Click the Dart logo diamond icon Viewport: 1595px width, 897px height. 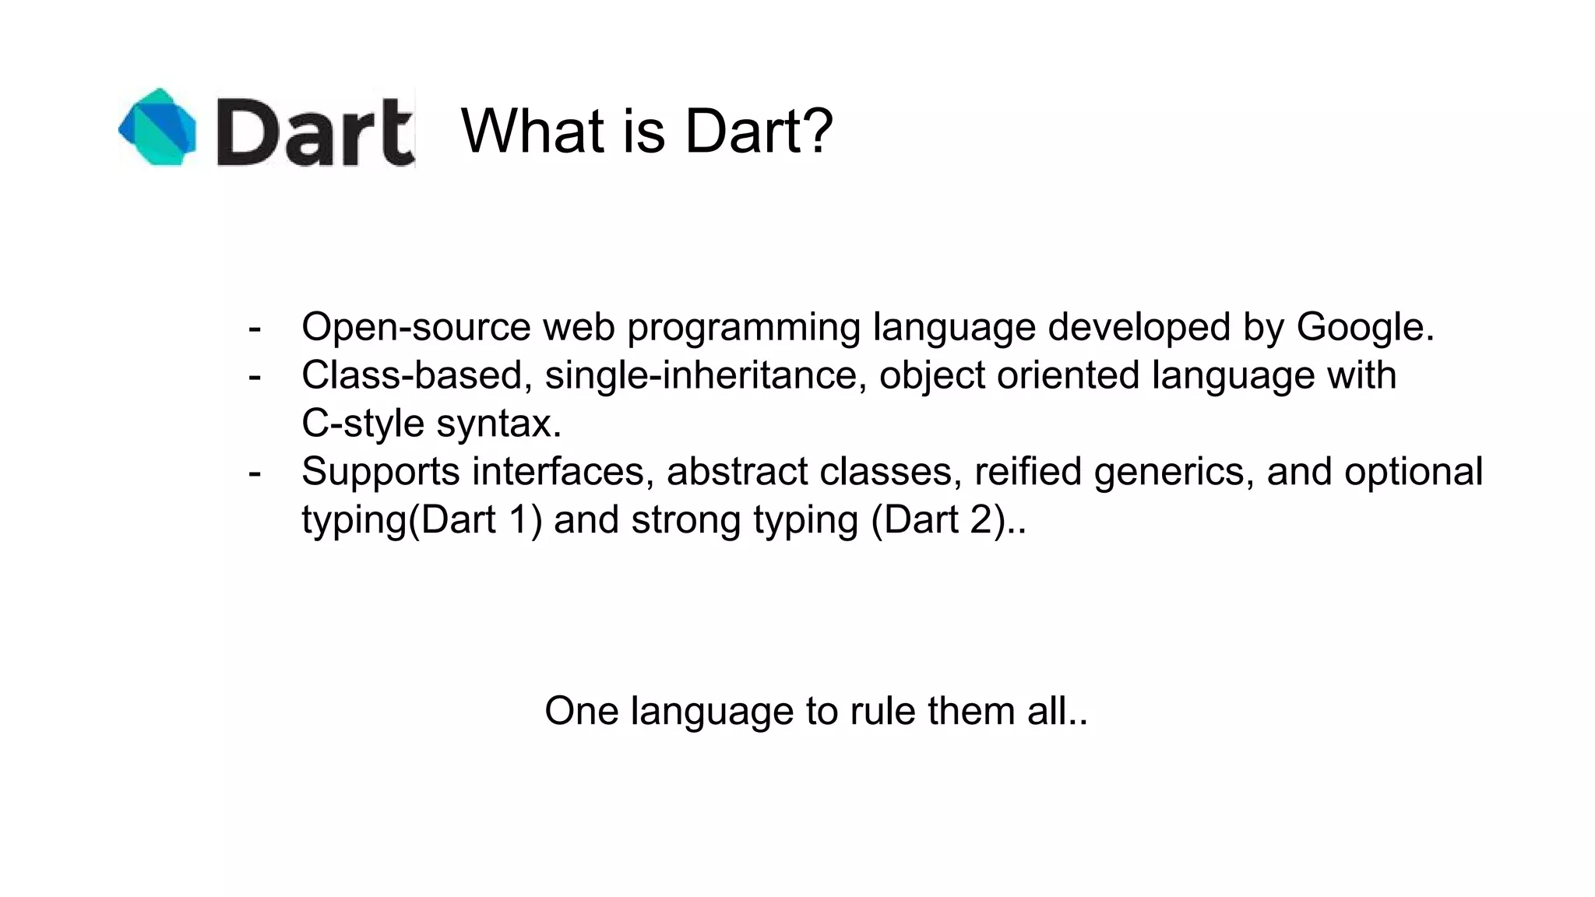(x=158, y=127)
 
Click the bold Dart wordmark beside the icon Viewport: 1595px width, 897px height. (x=315, y=132)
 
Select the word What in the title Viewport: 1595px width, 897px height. (x=533, y=131)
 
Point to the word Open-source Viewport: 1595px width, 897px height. (x=416, y=327)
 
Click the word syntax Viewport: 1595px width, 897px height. (x=498, y=424)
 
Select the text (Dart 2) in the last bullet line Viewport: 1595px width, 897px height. (x=938, y=520)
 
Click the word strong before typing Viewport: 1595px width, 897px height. (x=685, y=520)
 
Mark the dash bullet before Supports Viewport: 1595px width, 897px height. (x=254, y=472)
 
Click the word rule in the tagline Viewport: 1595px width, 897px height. (x=882, y=711)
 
